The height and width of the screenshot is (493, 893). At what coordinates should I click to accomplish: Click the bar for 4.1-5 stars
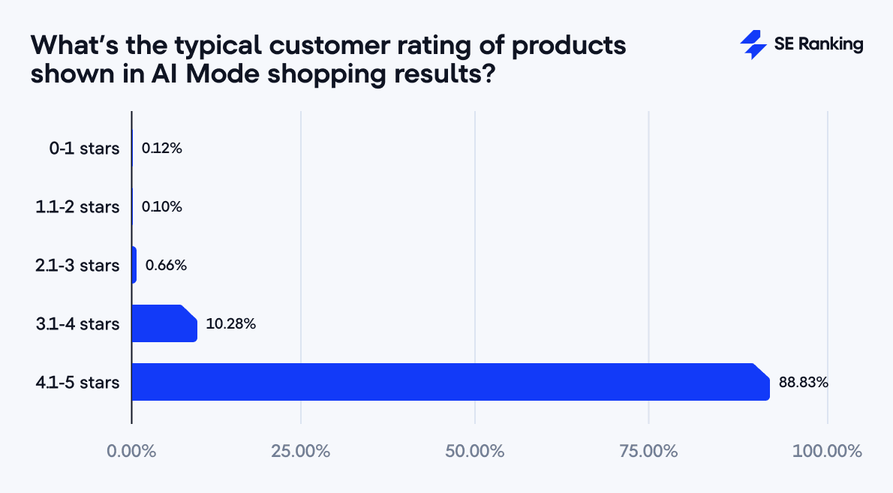[450, 382]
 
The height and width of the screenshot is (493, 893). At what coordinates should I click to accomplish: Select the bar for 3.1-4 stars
[164, 323]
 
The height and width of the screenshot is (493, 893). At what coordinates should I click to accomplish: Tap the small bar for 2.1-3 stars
[134, 265]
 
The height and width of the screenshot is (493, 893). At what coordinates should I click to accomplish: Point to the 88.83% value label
[803, 383]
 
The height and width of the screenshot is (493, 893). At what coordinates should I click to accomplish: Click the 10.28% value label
[231, 324]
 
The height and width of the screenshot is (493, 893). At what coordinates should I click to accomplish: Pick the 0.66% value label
[166, 266]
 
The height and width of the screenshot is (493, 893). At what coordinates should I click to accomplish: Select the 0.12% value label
[161, 149]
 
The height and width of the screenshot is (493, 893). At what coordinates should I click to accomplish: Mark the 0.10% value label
[161, 207]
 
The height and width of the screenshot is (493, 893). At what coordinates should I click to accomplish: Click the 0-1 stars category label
[84, 149]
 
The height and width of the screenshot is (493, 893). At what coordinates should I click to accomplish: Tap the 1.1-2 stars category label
[78, 207]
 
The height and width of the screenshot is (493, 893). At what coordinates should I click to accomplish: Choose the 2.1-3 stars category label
[78, 266]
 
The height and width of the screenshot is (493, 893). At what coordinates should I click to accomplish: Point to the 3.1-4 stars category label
[78, 324]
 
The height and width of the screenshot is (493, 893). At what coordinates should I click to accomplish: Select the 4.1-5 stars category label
[78, 383]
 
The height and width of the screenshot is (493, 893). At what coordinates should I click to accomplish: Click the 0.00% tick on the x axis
[131, 452]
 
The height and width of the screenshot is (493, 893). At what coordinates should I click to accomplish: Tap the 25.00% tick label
[301, 452]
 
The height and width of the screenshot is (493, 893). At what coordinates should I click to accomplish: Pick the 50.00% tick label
[475, 452]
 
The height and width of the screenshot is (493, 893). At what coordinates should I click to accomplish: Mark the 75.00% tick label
[648, 452]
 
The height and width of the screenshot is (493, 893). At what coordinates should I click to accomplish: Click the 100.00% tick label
[827, 452]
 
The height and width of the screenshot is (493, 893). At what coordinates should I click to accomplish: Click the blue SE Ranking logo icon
[753, 45]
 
